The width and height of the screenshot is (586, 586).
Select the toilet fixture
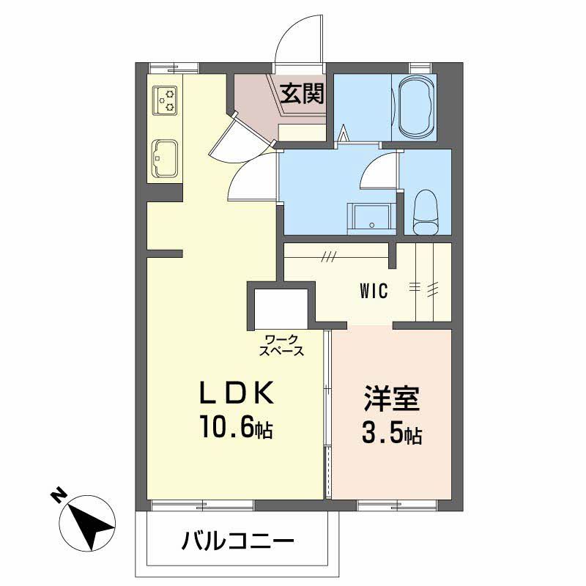pos(425,212)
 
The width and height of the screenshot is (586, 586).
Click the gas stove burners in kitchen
pos(166,100)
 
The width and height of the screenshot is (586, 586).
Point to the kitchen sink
pos(164,157)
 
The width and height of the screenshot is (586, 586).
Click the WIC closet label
pos(374,291)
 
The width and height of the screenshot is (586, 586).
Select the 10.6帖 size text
pos(237,428)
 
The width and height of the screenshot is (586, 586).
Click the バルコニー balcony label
pos(237,543)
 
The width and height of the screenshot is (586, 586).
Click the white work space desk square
pos(281,309)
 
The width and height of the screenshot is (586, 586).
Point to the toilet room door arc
pos(379,174)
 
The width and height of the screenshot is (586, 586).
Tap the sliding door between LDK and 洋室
pos(328,414)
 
